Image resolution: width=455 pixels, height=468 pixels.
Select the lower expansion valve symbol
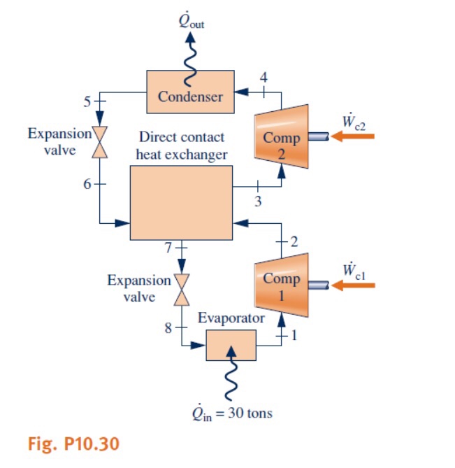(x=182, y=289)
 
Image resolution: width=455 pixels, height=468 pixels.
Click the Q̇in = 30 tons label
(x=233, y=413)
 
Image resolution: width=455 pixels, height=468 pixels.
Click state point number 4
(x=263, y=77)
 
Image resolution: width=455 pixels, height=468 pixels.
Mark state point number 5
(x=87, y=101)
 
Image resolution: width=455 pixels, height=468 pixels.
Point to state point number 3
(x=259, y=202)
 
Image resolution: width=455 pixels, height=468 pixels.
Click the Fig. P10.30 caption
(x=65, y=443)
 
